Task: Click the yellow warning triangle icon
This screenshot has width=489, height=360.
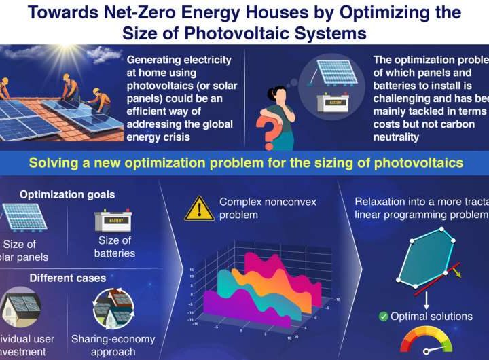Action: click(199, 208)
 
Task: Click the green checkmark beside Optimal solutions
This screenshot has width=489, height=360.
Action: click(384, 316)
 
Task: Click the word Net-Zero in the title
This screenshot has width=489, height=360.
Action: click(132, 12)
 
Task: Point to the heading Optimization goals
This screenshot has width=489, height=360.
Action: click(67, 194)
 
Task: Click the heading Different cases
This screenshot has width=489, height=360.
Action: click(67, 278)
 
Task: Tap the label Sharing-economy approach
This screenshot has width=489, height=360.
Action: click(113, 345)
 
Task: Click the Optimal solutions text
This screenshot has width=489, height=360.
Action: click(431, 316)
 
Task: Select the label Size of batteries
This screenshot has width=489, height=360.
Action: click(115, 247)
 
